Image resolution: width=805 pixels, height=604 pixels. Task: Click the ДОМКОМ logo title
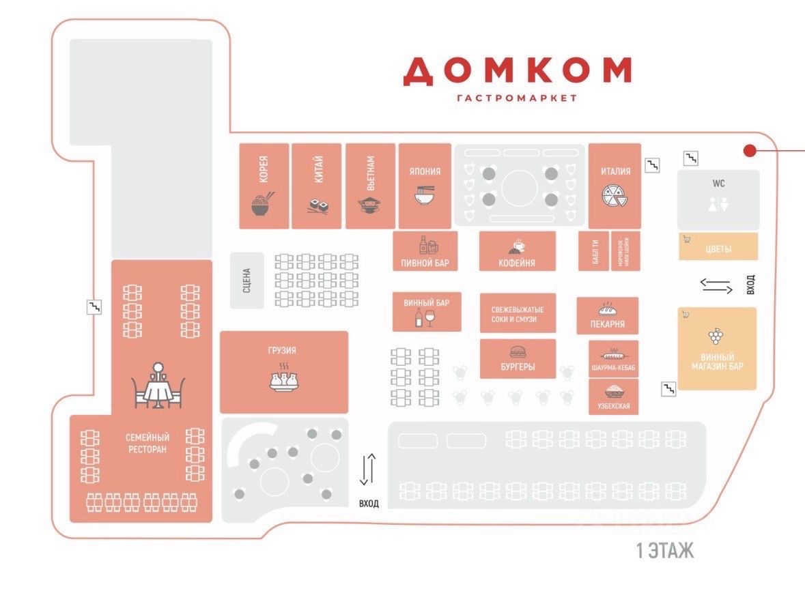pyautogui.click(x=517, y=71)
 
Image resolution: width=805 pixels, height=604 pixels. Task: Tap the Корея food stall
pyautogui.click(x=264, y=186)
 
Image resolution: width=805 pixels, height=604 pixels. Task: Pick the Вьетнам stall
pyautogui.click(x=370, y=186)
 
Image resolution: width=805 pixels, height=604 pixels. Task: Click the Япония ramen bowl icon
pyautogui.click(x=425, y=195)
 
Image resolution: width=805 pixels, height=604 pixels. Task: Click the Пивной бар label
pyautogui.click(x=425, y=263)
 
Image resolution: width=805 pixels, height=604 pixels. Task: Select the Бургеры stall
pyautogui.click(x=517, y=359)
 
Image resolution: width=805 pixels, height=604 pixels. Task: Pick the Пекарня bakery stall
pyautogui.click(x=607, y=315)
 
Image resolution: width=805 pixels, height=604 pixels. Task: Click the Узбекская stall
pyautogui.click(x=613, y=397)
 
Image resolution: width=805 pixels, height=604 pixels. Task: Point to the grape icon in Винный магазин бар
pyautogui.click(x=716, y=336)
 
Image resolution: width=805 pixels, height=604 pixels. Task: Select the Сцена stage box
pyautogui.click(x=247, y=280)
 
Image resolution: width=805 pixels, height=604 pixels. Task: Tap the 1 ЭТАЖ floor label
pyautogui.click(x=664, y=551)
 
